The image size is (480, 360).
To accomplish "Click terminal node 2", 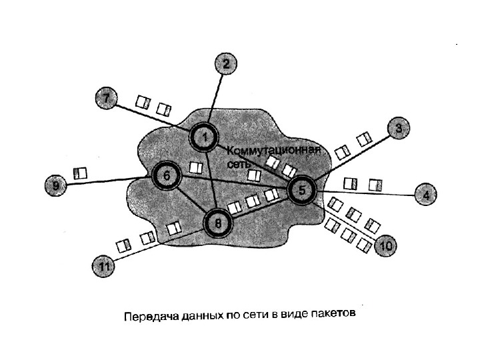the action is [225, 65].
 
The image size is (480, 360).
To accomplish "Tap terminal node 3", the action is [398, 128].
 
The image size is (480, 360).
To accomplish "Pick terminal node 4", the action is [425, 195].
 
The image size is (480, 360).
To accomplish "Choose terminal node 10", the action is [386, 246].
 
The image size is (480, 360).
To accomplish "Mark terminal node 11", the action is [103, 267].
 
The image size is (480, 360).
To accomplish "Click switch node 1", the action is [205, 138].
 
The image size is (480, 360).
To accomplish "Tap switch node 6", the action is [167, 176].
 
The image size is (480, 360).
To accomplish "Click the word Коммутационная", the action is [274, 150].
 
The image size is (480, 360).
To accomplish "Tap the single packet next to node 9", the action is [81, 173].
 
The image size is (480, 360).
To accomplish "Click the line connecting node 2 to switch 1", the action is [217, 100].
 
